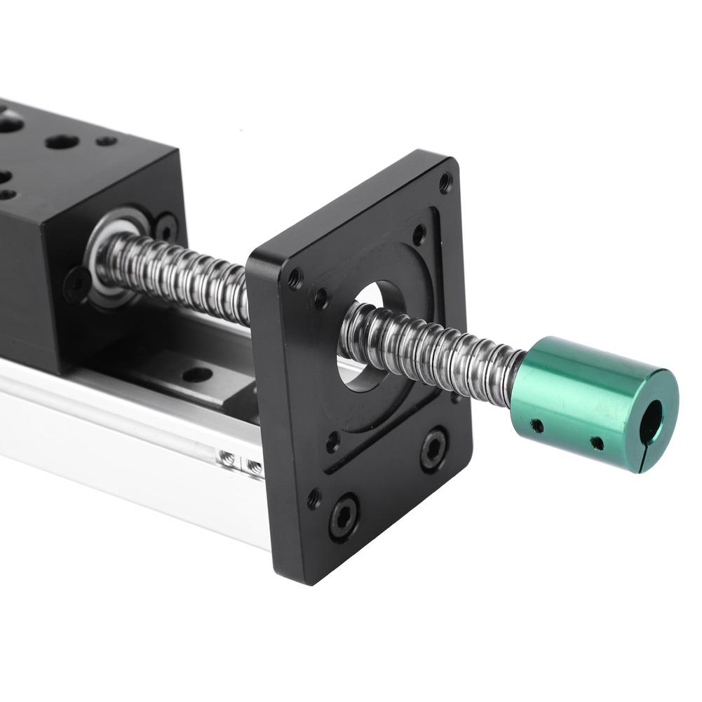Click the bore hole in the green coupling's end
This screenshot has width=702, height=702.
point(651,421)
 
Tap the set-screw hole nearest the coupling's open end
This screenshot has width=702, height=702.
point(597,443)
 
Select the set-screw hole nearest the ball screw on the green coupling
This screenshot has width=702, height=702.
point(537,425)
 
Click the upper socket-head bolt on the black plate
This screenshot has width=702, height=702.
point(434,449)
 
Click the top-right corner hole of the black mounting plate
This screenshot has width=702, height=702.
point(445,184)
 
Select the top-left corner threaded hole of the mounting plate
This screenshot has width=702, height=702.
point(295,279)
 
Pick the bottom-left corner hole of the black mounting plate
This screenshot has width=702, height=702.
point(313,499)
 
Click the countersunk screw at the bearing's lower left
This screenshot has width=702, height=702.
point(76,285)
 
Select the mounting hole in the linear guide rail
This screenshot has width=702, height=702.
point(198,374)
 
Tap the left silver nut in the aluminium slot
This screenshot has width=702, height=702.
point(227,459)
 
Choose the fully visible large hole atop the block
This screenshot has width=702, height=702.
point(62,142)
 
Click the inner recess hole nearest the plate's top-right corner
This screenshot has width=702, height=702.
point(419,234)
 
